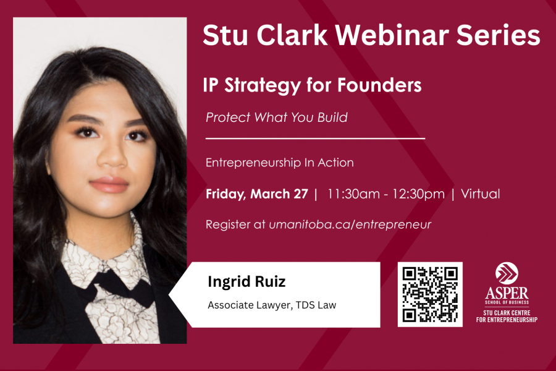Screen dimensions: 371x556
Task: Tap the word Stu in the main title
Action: click(224, 35)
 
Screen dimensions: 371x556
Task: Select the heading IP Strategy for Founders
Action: click(312, 85)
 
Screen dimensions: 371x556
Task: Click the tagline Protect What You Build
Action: click(276, 117)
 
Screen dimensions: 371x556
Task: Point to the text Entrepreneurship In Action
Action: click(279, 163)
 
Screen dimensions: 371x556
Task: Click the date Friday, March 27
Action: click(256, 194)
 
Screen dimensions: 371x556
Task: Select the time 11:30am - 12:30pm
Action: click(386, 194)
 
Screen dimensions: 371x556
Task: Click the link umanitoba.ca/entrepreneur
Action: click(350, 224)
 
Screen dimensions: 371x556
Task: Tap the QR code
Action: click(430, 294)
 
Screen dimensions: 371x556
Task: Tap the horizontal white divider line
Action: click(315, 139)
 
